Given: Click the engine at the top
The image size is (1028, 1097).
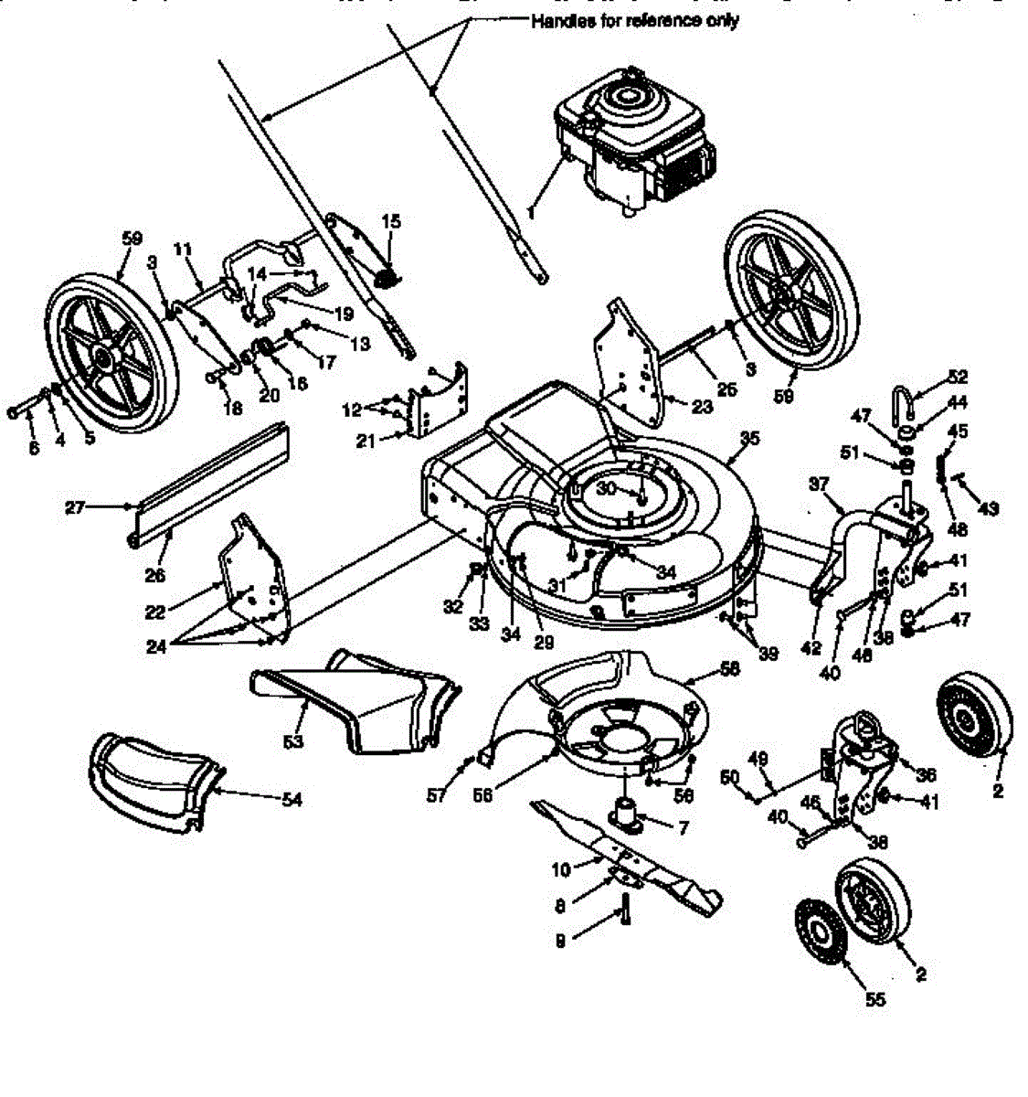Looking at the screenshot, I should (x=631, y=137).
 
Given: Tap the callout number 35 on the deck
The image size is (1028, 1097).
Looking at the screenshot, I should (x=749, y=439).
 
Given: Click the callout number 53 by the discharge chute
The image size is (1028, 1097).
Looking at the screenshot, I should (x=292, y=741).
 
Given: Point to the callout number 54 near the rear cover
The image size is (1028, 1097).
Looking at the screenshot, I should (x=291, y=800).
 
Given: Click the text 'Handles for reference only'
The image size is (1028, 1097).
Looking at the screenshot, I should (x=635, y=21).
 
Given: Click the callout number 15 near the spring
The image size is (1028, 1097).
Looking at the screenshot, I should (x=391, y=221).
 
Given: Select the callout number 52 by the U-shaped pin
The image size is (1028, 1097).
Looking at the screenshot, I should (x=958, y=377).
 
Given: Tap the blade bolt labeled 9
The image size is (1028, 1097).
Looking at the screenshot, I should (x=626, y=910).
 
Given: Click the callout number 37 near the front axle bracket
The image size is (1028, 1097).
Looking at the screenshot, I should (x=819, y=482).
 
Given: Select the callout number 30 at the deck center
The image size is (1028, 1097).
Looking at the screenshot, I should (x=607, y=489).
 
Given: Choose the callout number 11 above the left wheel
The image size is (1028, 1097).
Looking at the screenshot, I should (x=182, y=249).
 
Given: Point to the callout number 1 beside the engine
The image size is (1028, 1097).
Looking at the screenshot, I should (x=530, y=210).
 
